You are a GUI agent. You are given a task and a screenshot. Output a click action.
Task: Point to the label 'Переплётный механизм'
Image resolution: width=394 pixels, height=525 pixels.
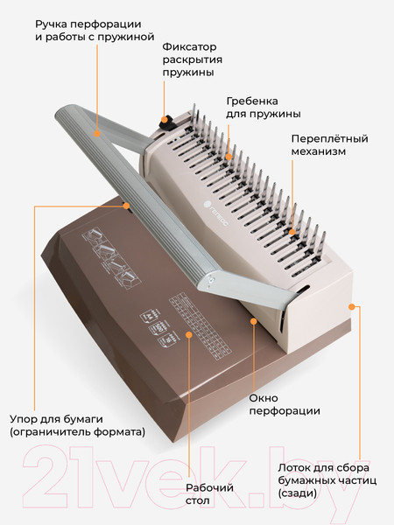329,145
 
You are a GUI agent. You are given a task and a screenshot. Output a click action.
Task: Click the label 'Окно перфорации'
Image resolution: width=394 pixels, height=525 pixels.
284,403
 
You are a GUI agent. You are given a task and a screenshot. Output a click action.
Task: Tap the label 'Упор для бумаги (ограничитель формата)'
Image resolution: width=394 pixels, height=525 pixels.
77,424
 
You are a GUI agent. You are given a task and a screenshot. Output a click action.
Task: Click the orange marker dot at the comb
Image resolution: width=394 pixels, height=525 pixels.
229,157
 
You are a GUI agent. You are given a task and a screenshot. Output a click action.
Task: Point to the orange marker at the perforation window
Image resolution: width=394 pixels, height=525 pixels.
254,321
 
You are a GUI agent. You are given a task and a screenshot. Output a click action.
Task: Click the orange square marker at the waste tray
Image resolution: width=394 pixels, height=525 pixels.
352,306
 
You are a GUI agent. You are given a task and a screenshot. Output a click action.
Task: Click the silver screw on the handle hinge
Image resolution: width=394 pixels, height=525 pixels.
210,280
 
